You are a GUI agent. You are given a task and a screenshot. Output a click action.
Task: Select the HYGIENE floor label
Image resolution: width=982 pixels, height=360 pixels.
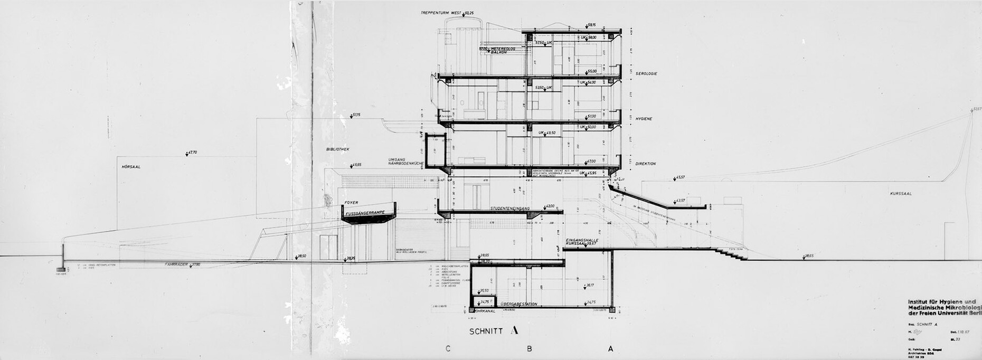644,119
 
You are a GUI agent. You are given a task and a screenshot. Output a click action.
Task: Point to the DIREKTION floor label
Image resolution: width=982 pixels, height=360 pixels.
646,164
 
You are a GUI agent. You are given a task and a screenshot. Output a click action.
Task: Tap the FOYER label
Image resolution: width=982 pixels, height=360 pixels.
352,203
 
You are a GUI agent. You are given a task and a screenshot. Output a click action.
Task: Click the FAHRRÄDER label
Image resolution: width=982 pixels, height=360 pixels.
176,263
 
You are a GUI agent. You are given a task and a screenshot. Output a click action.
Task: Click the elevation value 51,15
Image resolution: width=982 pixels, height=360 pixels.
356,115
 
